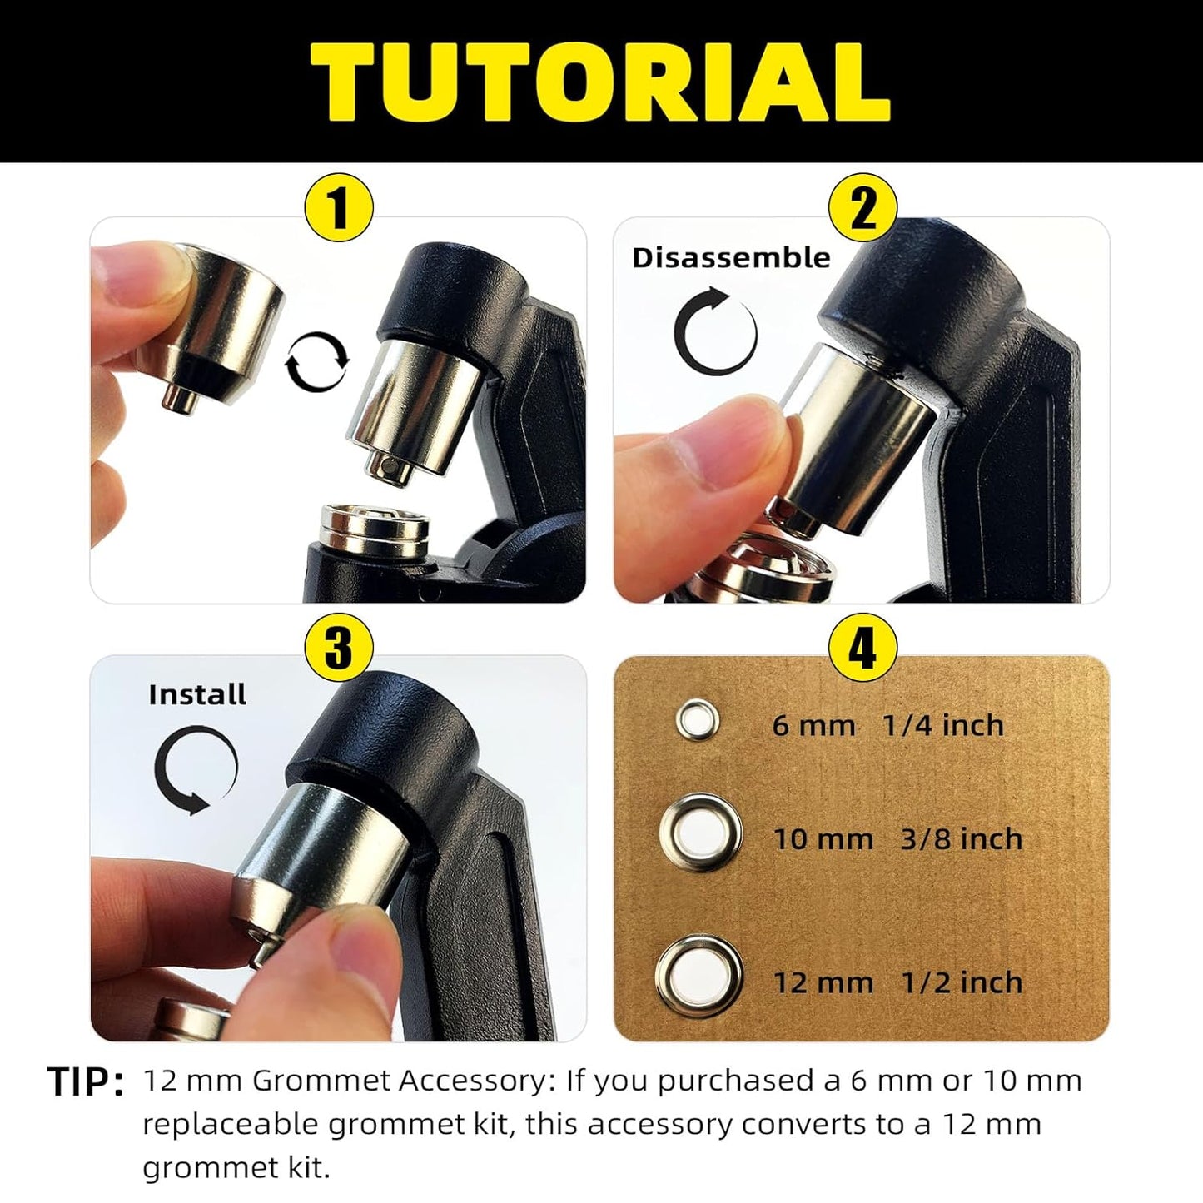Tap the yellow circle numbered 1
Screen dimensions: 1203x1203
pos(339,208)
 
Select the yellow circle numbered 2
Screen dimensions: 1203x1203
pos(862,208)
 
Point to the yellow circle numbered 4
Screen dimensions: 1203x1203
pos(862,649)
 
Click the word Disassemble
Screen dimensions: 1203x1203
pos(731,258)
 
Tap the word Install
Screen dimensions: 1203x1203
pos(197,694)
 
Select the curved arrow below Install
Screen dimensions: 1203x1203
pos(195,770)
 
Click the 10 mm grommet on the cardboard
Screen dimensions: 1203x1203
pos(701,833)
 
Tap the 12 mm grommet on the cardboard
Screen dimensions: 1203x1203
pos(699,977)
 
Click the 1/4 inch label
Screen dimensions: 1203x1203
pos(942,725)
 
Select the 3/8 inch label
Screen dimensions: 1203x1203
pos(962,838)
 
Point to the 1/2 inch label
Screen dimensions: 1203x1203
pos(962,982)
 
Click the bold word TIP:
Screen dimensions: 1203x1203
pos(86,1082)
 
